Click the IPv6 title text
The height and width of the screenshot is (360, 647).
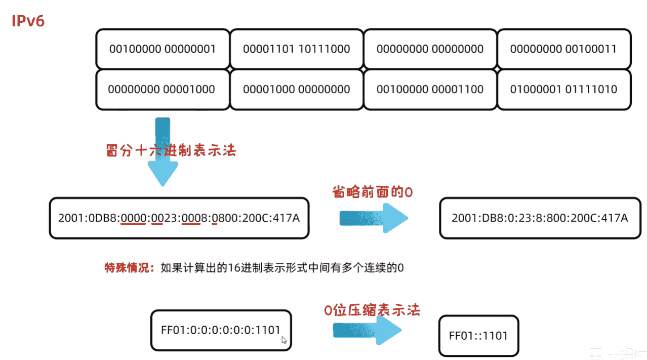[28, 22]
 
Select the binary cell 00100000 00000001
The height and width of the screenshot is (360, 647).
[163, 49]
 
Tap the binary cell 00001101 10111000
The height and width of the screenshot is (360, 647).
[296, 49]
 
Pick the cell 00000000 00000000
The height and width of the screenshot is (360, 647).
[430, 49]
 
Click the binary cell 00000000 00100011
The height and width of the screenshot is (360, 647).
[563, 49]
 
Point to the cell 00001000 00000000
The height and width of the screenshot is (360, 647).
[296, 90]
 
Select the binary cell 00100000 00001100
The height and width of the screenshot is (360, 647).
[430, 90]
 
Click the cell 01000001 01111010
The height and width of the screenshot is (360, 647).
[563, 90]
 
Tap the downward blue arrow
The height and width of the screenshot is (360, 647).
[163, 152]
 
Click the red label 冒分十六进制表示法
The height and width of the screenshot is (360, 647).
[171, 150]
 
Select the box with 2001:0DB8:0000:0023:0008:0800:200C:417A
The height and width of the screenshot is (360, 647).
[179, 218]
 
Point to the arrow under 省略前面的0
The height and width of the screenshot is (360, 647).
[373, 218]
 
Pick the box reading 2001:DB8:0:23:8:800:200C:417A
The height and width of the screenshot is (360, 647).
[540, 218]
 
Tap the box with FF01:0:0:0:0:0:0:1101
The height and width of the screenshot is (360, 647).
[221, 330]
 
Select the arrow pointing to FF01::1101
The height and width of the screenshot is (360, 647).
[367, 330]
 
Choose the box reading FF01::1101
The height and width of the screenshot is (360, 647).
[478, 335]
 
